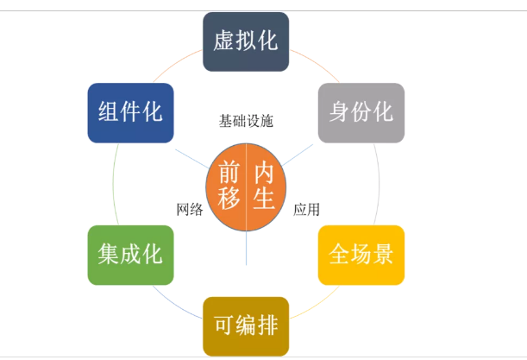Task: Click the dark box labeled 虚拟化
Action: pyautogui.click(x=246, y=41)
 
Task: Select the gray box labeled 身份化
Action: pyautogui.click(x=361, y=112)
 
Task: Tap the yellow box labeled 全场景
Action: pyautogui.click(x=361, y=256)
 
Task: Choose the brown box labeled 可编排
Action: pyautogui.click(x=246, y=326)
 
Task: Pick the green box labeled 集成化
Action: pyautogui.click(x=130, y=256)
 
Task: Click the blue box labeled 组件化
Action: pyautogui.click(x=130, y=112)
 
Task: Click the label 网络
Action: pyautogui.click(x=190, y=209)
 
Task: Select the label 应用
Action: pyautogui.click(x=306, y=209)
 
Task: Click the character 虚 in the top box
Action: pyautogui.click(x=223, y=41)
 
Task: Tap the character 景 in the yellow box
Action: pyautogui.click(x=384, y=256)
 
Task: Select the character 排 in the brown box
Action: pyautogui.click(x=268, y=326)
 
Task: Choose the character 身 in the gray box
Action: pyautogui.click(x=339, y=112)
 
